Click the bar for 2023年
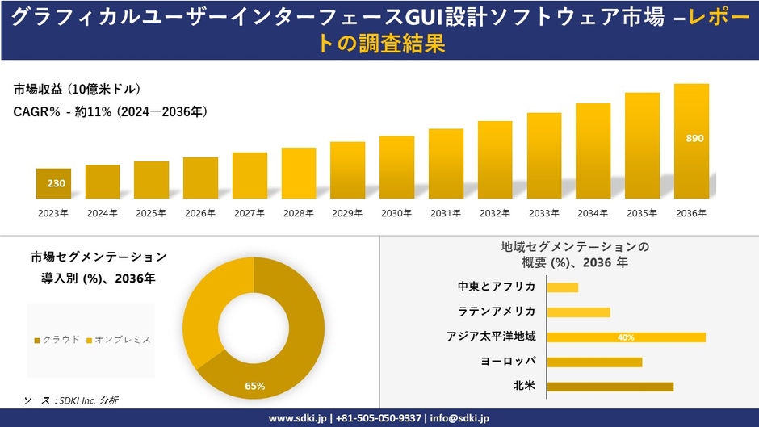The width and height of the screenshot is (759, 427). coord(53,183)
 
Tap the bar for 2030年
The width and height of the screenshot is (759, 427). coord(396,167)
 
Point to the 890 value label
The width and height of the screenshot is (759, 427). coord(694,138)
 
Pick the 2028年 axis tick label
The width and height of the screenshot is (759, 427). coord(298,213)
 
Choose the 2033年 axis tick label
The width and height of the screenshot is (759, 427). coord(543,213)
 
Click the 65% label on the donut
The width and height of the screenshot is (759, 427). coord(255,386)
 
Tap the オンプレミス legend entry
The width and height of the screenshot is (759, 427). coord(119,340)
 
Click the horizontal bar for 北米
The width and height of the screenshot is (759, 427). coord(610,387)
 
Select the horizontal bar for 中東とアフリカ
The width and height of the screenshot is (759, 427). coord(563,287)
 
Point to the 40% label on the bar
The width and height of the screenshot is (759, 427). coord(626,337)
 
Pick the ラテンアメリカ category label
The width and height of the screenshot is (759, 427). coord(496,312)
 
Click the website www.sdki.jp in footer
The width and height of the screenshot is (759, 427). coord(297,418)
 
